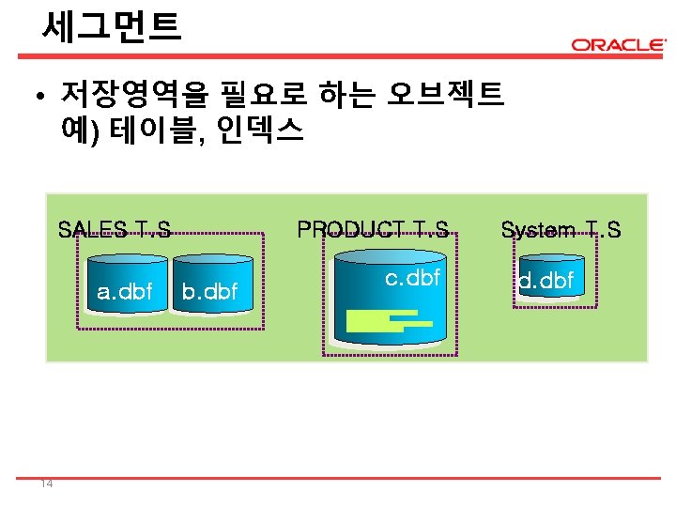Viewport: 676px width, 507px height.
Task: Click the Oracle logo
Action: pos(618,44)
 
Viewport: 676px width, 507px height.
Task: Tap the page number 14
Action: pos(46,484)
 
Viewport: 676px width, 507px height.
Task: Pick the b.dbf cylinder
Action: pos(209,285)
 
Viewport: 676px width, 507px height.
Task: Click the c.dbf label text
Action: pos(412,278)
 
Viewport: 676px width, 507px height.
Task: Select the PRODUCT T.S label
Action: pos(373,229)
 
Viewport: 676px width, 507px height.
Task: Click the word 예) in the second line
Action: pos(79,130)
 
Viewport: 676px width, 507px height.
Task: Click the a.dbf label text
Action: pos(125,292)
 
